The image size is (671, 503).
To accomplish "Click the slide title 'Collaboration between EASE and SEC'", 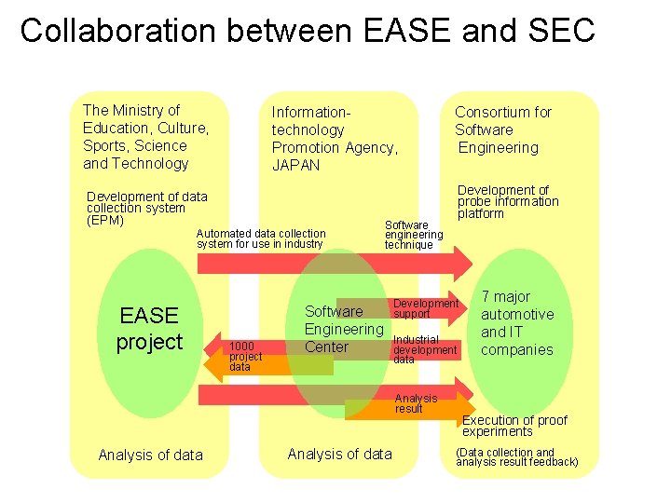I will coord(308,30).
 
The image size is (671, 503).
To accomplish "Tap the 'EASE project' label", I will coord(149,329).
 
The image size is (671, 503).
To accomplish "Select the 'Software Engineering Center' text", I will coord(343,329).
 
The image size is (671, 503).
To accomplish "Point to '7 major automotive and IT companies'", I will coord(517,323).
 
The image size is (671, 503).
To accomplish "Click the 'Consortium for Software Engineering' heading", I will coord(502,129).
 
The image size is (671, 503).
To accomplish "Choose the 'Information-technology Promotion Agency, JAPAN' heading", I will coord(334,138).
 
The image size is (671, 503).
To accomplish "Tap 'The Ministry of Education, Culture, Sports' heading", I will coord(145,137).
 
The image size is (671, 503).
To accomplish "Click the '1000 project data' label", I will coord(246,356).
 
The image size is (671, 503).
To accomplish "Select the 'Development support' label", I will coord(426,308).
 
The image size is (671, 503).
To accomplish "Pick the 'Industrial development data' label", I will coord(425,349).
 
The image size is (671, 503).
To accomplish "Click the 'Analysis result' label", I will coord(416,403).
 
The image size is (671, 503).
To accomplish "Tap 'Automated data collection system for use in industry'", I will coord(261,238).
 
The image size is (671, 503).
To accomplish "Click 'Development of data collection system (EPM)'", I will coord(146,209).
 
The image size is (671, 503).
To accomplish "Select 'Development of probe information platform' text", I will coord(507,201).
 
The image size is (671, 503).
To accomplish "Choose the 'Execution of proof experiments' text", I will coord(514,426).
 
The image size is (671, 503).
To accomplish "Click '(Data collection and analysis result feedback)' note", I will coord(516,456).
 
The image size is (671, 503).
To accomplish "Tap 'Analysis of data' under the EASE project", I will coord(150,455).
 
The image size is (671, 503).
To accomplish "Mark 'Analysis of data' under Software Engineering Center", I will coord(339,454).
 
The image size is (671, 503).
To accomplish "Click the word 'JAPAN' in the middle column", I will coord(295,165).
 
